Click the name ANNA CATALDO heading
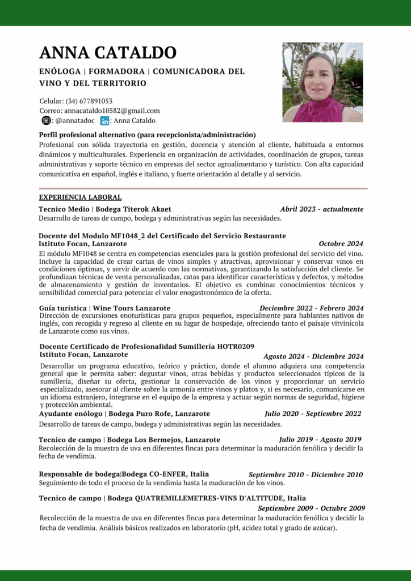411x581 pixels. tap(108, 53)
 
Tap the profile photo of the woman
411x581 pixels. tap(322, 82)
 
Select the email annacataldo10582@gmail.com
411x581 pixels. tap(112, 111)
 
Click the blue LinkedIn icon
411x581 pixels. tap(104, 120)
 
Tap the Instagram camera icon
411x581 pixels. tap(46, 120)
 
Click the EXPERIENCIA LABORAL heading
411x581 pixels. tap(80, 197)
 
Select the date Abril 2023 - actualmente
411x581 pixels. tap(322, 209)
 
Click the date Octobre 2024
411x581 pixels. tap(341, 244)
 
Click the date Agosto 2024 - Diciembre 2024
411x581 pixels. tap(313, 356)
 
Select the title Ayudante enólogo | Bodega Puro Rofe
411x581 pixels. tap(124, 414)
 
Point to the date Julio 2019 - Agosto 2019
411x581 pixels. tap(320, 439)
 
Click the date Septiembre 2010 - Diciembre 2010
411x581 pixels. tap(305, 474)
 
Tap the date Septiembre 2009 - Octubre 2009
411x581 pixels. tap(311, 508)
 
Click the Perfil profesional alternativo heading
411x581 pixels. tap(147, 135)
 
